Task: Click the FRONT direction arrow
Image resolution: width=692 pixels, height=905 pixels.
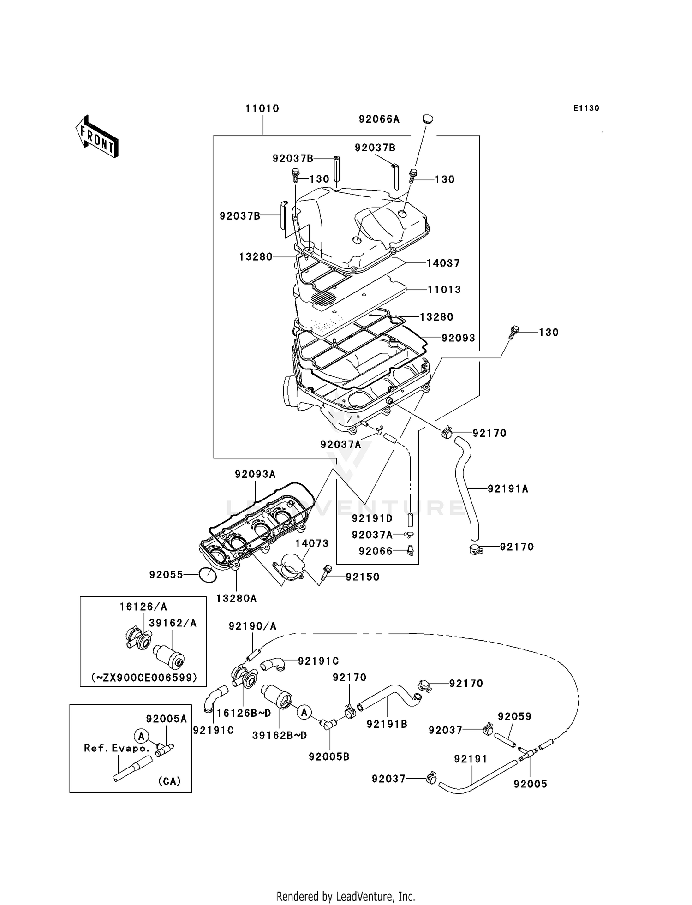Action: [97, 137]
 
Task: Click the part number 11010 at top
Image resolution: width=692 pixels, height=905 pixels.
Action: [262, 109]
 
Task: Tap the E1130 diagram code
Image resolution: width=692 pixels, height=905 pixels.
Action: [586, 108]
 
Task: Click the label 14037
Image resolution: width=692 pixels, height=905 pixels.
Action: [443, 263]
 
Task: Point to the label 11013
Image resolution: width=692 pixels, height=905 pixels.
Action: [444, 290]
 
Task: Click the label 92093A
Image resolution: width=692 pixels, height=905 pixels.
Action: [255, 474]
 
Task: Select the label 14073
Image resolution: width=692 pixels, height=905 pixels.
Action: [312, 543]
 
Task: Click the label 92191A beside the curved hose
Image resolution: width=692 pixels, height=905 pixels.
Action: [508, 489]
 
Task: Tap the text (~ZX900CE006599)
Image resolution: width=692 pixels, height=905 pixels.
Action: [144, 678]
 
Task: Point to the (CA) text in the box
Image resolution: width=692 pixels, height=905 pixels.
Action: [169, 781]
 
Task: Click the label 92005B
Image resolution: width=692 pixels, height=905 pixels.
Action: [329, 757]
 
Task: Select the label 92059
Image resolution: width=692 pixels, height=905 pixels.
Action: [514, 716]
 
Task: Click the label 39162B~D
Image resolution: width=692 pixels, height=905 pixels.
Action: [280, 736]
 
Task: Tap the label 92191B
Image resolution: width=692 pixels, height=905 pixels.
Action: [387, 724]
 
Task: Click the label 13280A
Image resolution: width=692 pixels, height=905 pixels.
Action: [236, 599]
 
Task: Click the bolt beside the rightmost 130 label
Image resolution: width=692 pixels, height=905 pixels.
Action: [514, 332]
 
